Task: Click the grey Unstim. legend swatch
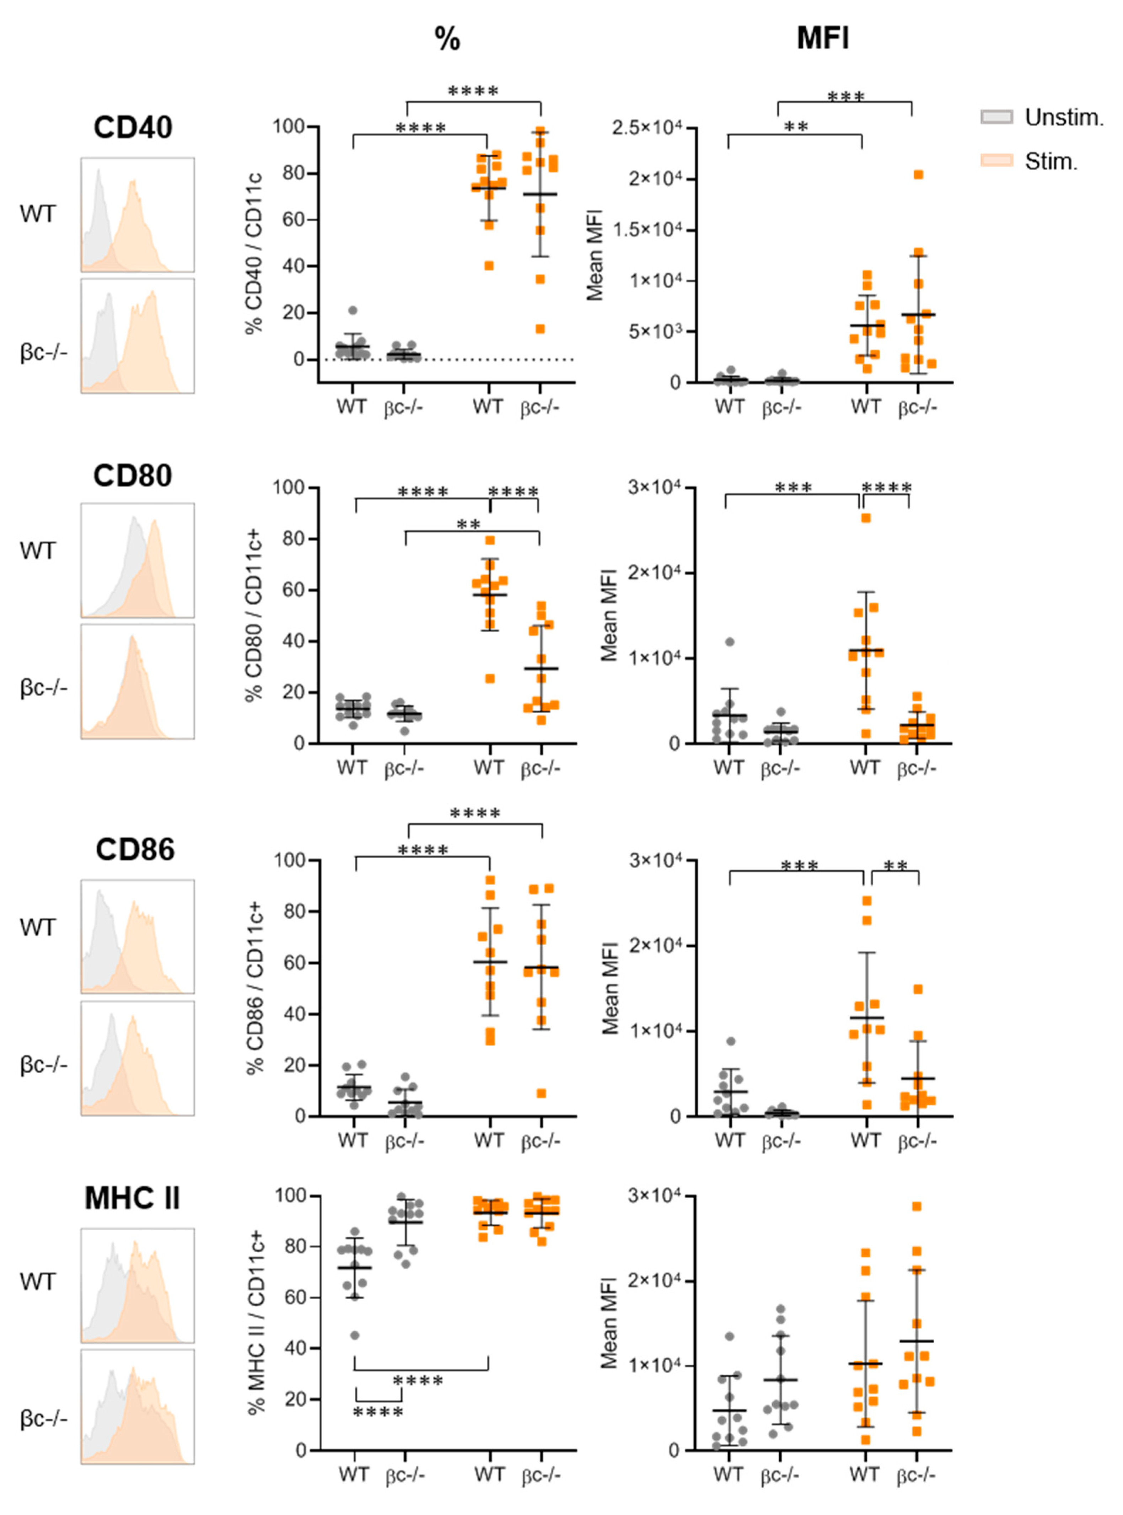(x=996, y=117)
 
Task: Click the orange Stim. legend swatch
(x=996, y=160)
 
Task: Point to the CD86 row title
(x=135, y=850)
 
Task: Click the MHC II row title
(x=133, y=1198)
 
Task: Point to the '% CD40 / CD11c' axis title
(x=254, y=253)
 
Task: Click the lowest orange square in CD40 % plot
(x=541, y=330)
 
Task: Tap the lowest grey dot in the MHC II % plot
(x=355, y=1336)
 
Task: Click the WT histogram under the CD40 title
(x=137, y=215)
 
